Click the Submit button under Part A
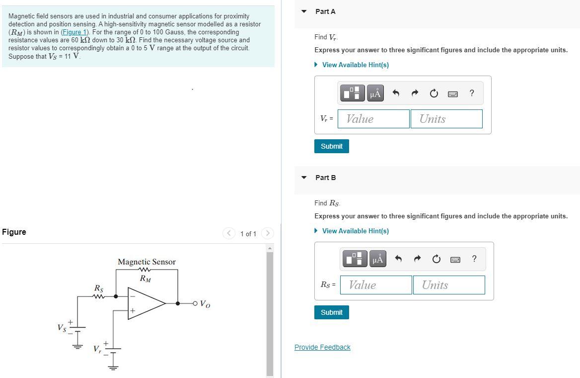pyautogui.click(x=331, y=146)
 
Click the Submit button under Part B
pyautogui.click(x=331, y=312)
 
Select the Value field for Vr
pyautogui.click(x=373, y=119)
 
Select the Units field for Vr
pyautogui.click(x=446, y=119)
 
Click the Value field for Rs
pyautogui.click(x=376, y=285)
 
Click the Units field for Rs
pyautogui.click(x=448, y=285)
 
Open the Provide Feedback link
pyautogui.click(x=322, y=347)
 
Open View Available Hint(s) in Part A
pyautogui.click(x=355, y=65)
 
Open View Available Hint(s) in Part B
pyautogui.click(x=355, y=231)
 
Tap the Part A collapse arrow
pyautogui.click(x=304, y=11)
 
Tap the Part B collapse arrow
pyautogui.click(x=304, y=178)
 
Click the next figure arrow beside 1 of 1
pyautogui.click(x=267, y=233)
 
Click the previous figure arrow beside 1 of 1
pyautogui.click(x=229, y=233)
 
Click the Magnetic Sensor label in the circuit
pyautogui.click(x=146, y=262)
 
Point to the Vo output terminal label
pyautogui.click(x=205, y=304)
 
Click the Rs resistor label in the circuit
pyautogui.click(x=99, y=288)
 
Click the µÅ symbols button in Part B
pyautogui.click(x=378, y=259)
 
